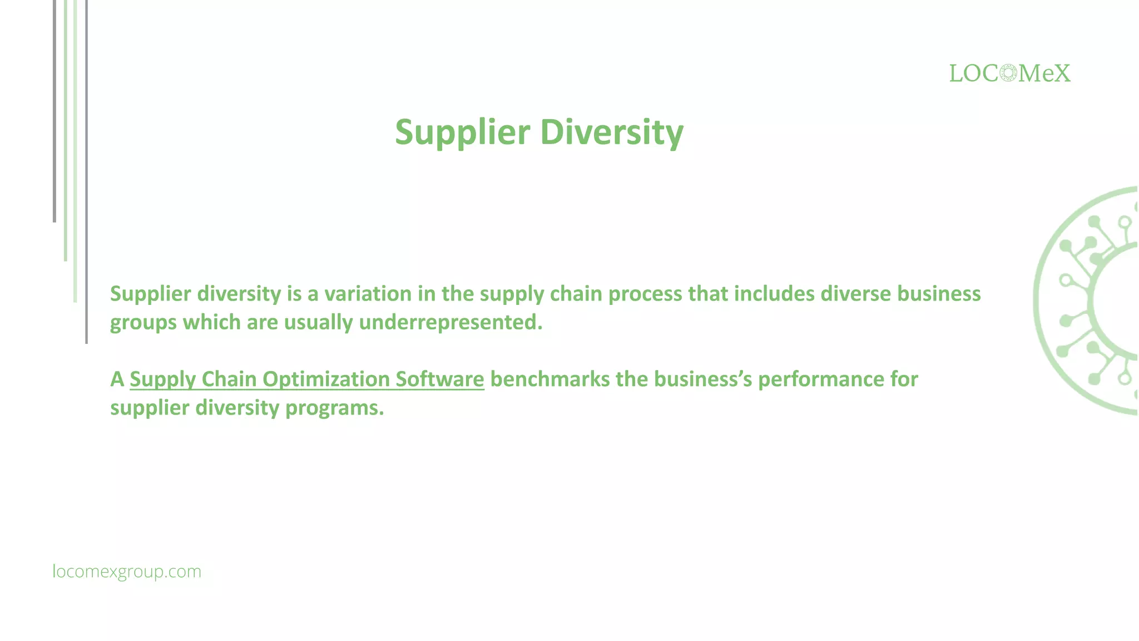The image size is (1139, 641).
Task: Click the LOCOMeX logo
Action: [x=1009, y=73]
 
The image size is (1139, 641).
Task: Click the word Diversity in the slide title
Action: [x=611, y=132]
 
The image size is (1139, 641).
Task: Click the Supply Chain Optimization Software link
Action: [x=307, y=379]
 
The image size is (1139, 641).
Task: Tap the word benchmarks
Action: [x=549, y=379]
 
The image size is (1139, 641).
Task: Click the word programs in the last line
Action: [x=334, y=408]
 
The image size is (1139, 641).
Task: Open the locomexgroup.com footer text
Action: [x=127, y=571]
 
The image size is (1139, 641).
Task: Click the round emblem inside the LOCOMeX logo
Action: [x=1008, y=73]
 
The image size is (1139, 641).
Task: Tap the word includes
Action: [x=774, y=294]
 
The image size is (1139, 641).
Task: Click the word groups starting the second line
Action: [x=143, y=323]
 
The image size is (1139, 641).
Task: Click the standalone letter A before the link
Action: [x=117, y=379]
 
